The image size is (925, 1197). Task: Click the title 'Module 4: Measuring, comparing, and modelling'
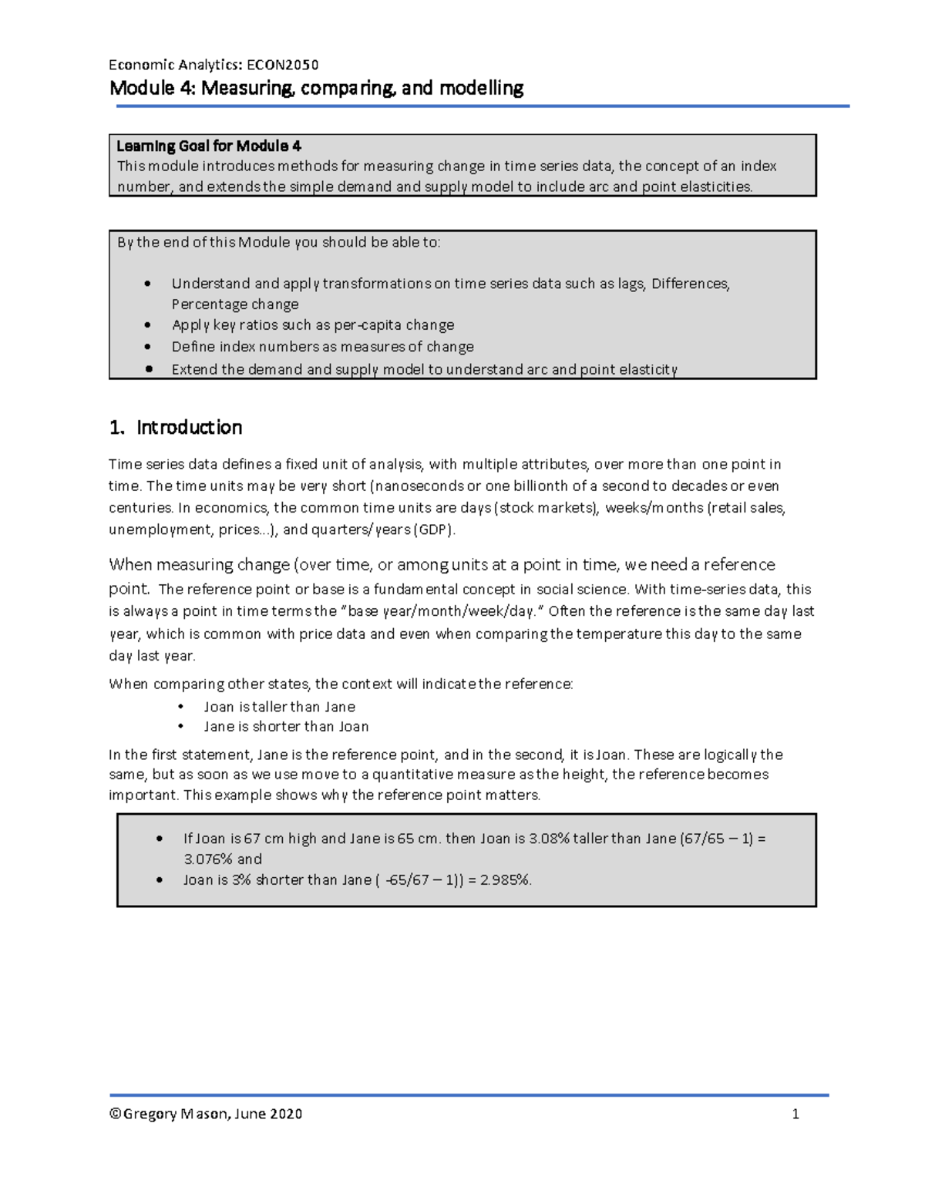click(x=316, y=88)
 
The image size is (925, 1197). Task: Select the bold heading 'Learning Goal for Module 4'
click(x=208, y=146)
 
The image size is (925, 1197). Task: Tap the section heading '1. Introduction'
click(x=176, y=428)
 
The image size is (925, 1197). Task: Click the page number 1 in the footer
click(x=795, y=1114)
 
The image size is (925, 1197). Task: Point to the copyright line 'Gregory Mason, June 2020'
click(x=206, y=1114)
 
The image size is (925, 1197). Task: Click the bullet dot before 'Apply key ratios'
click(x=148, y=325)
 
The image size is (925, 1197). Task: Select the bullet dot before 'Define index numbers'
click(x=148, y=347)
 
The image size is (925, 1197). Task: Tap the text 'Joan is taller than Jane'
click(x=279, y=707)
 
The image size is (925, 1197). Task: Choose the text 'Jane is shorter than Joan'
click(x=286, y=727)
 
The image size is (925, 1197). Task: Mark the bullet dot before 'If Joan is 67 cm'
click(x=160, y=839)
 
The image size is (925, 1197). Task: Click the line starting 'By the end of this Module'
click(x=278, y=242)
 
